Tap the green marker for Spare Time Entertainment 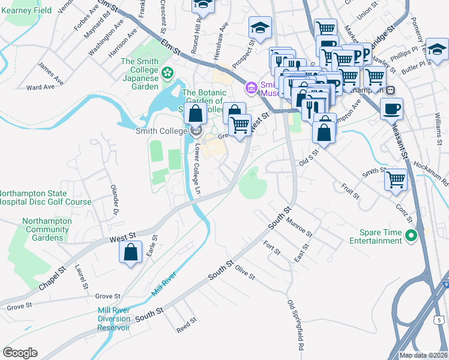pos(411,236)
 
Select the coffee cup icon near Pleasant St pos(391,109)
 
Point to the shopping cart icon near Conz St pos(396,179)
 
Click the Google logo pos(20,353)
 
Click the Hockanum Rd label pos(436,173)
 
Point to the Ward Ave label pos(41,87)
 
